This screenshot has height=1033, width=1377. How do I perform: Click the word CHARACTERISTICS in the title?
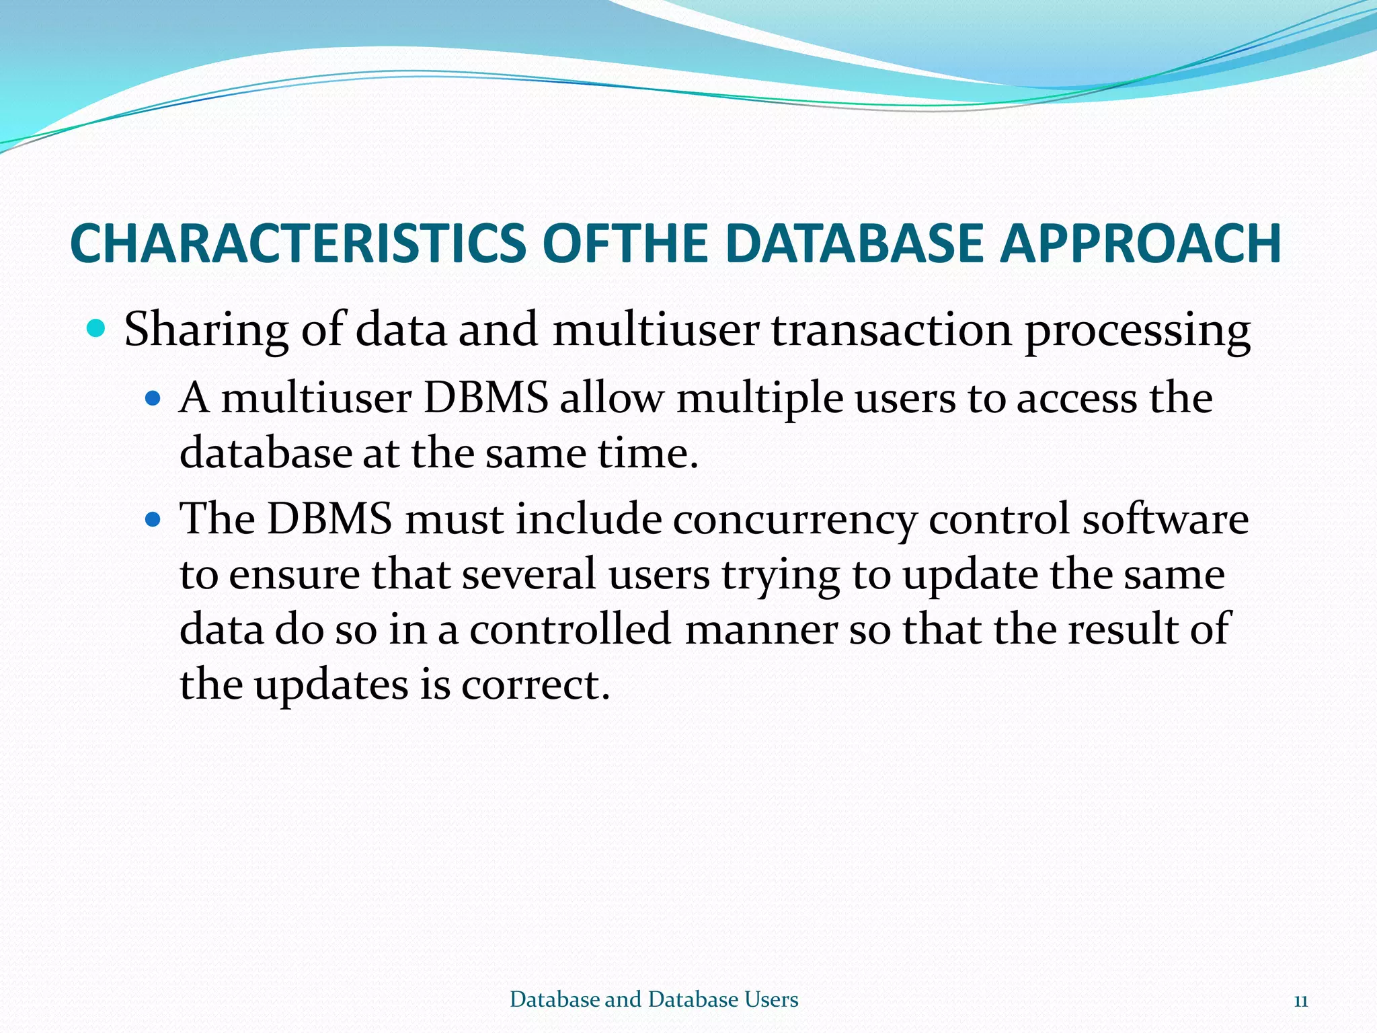pyautogui.click(x=298, y=243)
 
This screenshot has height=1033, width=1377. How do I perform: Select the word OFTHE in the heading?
pyautogui.click(x=625, y=243)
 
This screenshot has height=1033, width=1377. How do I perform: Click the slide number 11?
pyautogui.click(x=1300, y=1001)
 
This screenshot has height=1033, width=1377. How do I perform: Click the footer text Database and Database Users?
pyautogui.click(x=654, y=999)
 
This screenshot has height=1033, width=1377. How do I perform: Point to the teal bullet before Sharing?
pyautogui.click(x=97, y=329)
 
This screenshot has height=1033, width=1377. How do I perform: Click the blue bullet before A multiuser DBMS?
pyautogui.click(x=154, y=399)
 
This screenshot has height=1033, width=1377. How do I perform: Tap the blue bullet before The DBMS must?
pyautogui.click(x=154, y=519)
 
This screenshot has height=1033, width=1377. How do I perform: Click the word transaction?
pyautogui.click(x=891, y=331)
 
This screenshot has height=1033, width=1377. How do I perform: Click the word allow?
pyautogui.click(x=611, y=398)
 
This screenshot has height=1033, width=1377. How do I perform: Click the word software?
pyautogui.click(x=1165, y=519)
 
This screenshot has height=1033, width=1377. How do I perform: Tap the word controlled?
pyautogui.click(x=570, y=629)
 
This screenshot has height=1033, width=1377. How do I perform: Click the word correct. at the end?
pyautogui.click(x=535, y=685)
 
